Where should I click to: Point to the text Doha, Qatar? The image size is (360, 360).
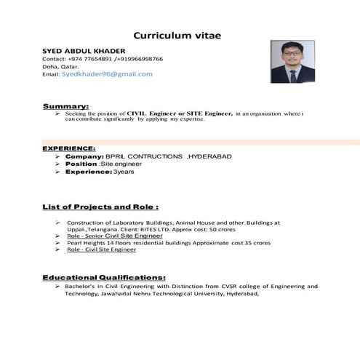pyautogui.click(x=60, y=66)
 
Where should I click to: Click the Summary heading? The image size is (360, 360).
pyautogui.click(x=65, y=106)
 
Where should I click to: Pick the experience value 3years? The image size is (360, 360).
pyautogui.click(x=123, y=172)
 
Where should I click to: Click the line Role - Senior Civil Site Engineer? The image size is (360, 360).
pyautogui.click(x=114, y=236)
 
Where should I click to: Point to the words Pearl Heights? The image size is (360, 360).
pyautogui.click(x=86, y=243)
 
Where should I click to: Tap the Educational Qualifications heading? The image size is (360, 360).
pyautogui.click(x=104, y=277)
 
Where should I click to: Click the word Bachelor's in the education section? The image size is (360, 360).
pyautogui.click(x=81, y=287)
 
